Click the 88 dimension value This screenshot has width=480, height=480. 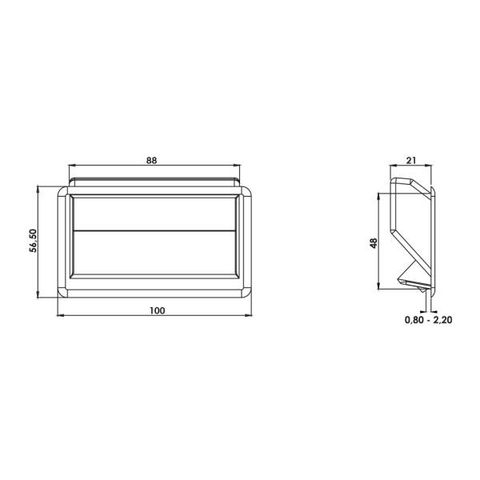[x=152, y=160]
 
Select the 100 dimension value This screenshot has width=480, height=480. [x=157, y=310]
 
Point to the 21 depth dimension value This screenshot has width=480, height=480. [x=411, y=160]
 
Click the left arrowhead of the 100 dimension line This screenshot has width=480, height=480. [x=60, y=316]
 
